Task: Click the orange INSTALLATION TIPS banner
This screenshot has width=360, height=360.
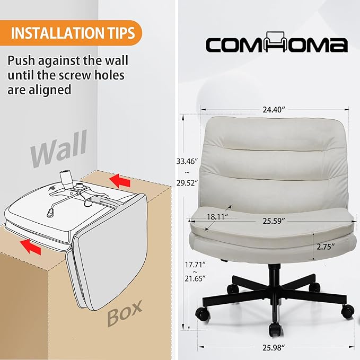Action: coord(71,33)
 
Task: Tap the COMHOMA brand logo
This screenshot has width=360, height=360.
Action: coord(276,42)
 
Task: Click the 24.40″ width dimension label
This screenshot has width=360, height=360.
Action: coord(274,110)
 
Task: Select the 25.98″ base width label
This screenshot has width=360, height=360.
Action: coord(274,348)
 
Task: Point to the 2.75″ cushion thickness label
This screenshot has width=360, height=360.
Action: coord(326,247)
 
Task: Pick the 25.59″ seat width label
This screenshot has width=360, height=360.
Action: coord(274,221)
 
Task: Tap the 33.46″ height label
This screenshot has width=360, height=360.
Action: coord(187,161)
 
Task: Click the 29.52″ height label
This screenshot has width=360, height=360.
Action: coord(187,183)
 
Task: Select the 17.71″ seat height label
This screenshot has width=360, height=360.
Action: coord(195,265)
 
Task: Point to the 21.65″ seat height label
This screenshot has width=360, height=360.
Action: coord(195,279)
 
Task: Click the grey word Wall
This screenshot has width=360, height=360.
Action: coord(59,148)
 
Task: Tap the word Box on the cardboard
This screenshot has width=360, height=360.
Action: coord(125,314)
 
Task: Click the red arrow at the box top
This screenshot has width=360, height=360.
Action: coord(120,180)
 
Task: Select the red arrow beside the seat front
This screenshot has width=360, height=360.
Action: coord(30,246)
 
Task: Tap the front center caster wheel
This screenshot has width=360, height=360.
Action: coord(276,330)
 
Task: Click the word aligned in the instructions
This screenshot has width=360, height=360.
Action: coord(50,90)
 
